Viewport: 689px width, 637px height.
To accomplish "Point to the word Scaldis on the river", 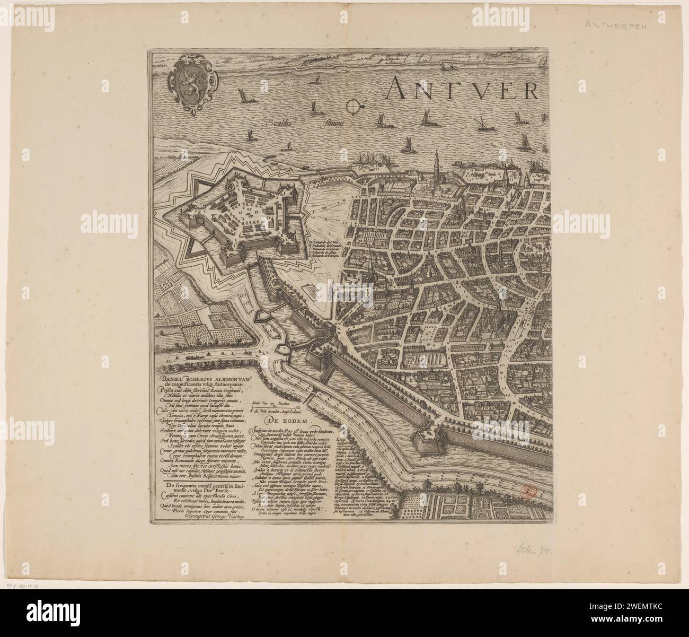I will tap(282, 121).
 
